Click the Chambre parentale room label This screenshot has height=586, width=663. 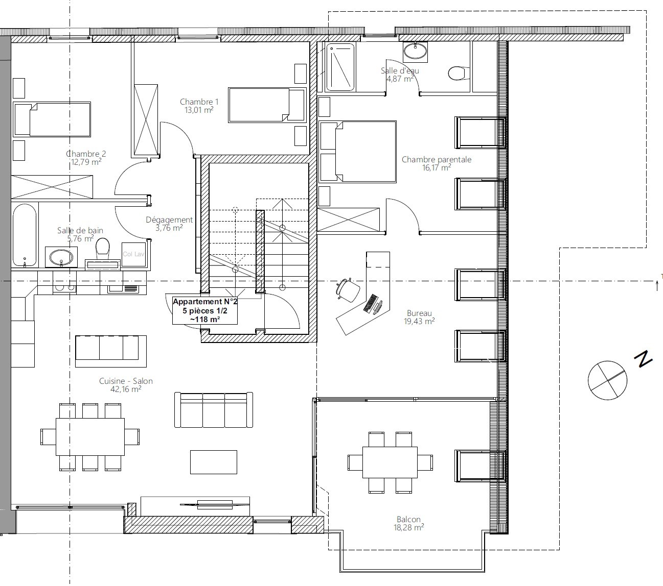[x=436, y=159]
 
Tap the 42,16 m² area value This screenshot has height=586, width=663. [x=126, y=389]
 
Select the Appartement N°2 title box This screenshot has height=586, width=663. [x=205, y=310]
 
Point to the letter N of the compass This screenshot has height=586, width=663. [x=643, y=359]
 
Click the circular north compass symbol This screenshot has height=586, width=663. [x=607, y=380]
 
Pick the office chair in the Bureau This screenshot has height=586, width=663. [x=348, y=289]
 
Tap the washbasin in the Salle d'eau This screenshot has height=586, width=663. [x=415, y=52]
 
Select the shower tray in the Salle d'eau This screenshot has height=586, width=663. [x=340, y=67]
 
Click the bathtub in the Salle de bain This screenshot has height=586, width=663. [x=25, y=235]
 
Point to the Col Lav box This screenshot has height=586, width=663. [x=133, y=254]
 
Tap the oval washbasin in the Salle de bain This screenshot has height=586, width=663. [x=61, y=257]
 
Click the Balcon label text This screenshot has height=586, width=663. [x=409, y=519]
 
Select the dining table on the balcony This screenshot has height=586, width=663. [x=390, y=462]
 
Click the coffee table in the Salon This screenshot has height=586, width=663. [x=214, y=462]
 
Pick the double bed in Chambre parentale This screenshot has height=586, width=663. [x=358, y=152]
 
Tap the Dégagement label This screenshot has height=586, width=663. [x=169, y=220]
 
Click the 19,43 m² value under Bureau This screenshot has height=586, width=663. [x=419, y=321]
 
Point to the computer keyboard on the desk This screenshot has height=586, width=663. [x=371, y=303]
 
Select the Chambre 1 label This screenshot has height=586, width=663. [x=199, y=102]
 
